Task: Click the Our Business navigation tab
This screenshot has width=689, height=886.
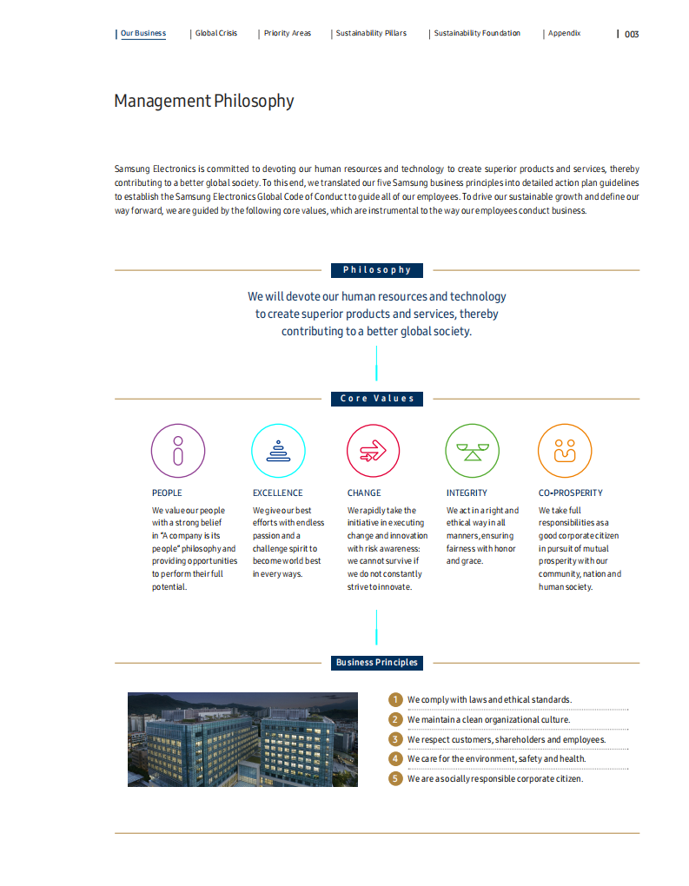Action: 142,34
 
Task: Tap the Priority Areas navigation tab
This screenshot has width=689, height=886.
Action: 288,34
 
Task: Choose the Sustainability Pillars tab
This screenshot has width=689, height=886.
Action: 371,34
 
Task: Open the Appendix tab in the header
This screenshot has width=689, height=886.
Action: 564,34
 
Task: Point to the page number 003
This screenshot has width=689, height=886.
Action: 632,35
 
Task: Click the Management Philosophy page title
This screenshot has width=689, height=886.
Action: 204,101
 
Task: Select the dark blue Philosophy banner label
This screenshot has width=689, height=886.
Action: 377,270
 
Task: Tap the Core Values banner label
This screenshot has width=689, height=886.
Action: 377,399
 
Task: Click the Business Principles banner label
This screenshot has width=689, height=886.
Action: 377,663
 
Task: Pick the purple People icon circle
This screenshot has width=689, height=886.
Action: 178,451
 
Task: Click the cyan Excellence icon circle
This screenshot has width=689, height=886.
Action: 278,451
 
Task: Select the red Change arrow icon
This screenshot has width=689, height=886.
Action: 374,451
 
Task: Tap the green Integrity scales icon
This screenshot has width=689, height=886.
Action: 472,451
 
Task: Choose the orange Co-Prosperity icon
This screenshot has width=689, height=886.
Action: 565,451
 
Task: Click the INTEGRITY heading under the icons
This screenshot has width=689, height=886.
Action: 467,493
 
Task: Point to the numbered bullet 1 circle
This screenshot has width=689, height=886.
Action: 395,699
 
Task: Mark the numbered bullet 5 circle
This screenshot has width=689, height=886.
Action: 395,778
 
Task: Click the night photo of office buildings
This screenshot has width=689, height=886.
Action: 242,739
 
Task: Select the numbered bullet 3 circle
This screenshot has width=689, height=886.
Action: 395,739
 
